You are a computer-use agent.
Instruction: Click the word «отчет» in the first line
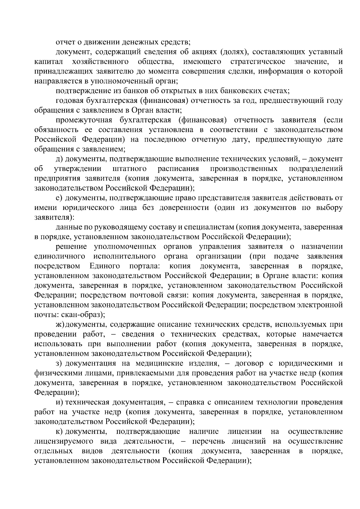pyautogui.click(x=64, y=42)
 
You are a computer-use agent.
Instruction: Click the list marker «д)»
pyautogui.click(x=59, y=159)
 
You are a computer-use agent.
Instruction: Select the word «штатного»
pyautogui.click(x=129, y=169)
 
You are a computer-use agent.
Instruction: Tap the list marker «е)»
pyautogui.click(x=59, y=198)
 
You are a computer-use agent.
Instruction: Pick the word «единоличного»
pyautogui.click(x=59, y=256)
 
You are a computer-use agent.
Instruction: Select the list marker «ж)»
pyautogui.click(x=60, y=325)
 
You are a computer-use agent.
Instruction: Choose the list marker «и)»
pyautogui.click(x=59, y=402)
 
